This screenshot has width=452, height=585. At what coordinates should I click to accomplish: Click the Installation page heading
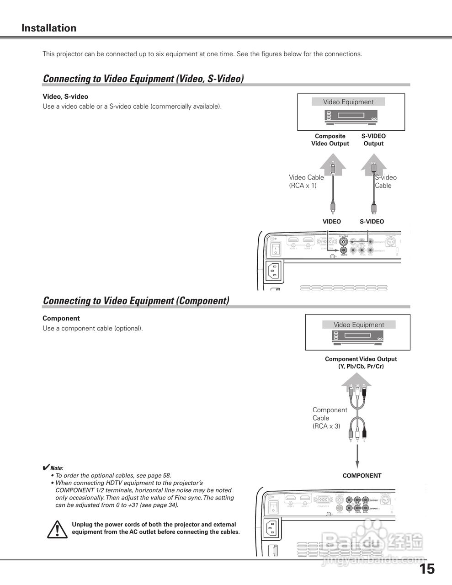(49, 28)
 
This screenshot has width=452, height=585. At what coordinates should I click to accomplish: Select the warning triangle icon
(57, 529)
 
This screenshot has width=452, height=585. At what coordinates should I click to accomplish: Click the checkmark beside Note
(46, 468)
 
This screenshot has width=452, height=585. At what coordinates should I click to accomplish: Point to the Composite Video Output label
(330, 140)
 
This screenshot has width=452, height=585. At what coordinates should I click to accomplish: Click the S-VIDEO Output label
(373, 140)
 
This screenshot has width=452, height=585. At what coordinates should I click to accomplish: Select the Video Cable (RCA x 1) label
(306, 181)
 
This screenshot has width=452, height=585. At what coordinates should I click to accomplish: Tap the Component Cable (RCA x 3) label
(330, 418)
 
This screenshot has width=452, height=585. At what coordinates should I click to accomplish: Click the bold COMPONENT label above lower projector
(362, 476)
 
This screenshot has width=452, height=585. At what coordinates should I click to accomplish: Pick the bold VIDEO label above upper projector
(332, 222)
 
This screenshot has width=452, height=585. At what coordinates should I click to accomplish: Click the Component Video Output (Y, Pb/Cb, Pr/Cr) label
(361, 363)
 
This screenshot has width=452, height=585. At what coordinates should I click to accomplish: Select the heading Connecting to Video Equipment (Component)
(136, 301)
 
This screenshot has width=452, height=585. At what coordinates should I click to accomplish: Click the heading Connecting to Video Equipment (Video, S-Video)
(143, 79)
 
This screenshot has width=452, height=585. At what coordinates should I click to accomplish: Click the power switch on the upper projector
(276, 249)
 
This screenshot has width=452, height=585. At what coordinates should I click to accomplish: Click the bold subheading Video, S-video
(65, 97)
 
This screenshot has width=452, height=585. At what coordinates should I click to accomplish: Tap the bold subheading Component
(61, 319)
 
